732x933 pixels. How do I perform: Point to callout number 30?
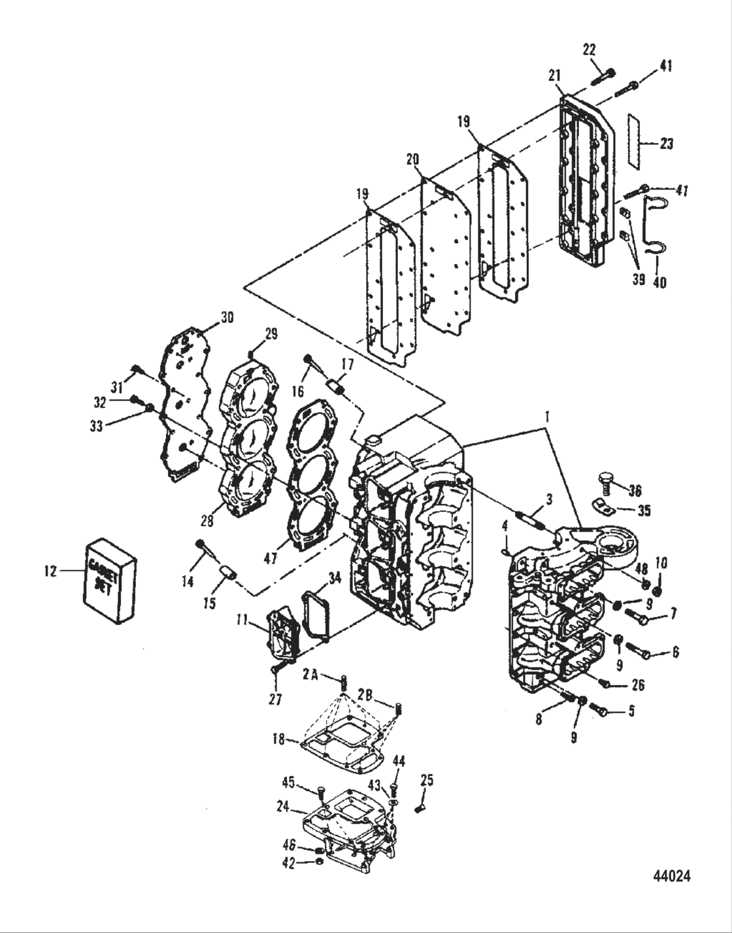(x=226, y=318)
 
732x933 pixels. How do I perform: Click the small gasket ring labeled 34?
(x=317, y=613)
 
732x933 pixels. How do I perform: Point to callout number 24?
(x=283, y=807)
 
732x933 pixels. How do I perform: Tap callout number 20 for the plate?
(x=412, y=159)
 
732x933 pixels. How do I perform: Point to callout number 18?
(x=279, y=739)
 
